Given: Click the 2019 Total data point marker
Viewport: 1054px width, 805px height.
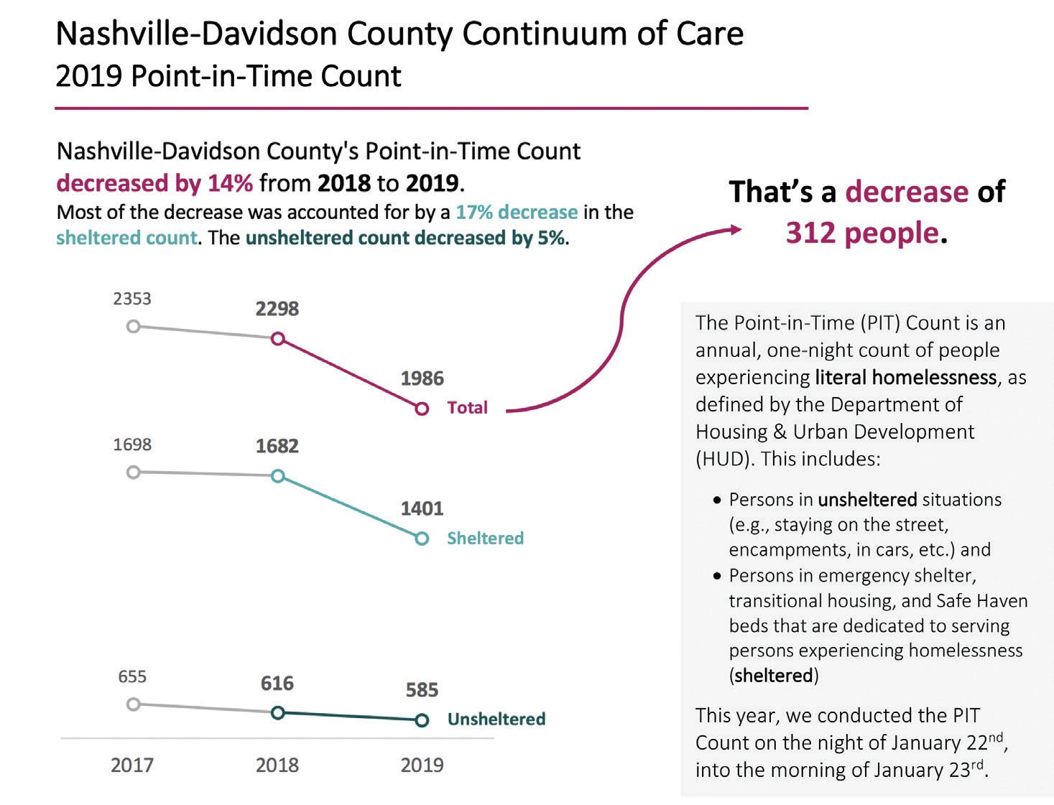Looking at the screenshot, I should [422, 409].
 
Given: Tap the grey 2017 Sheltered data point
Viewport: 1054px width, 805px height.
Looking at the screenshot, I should [133, 473].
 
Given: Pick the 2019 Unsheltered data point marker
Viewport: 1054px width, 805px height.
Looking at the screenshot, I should [422, 720].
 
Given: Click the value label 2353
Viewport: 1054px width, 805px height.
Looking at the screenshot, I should [132, 299].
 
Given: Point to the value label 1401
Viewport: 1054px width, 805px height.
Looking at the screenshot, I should [422, 508].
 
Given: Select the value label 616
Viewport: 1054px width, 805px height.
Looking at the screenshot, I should [277, 683].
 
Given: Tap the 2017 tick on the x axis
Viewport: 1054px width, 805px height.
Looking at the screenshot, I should [132, 765].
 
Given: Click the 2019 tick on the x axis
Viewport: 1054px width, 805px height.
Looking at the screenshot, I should [422, 765].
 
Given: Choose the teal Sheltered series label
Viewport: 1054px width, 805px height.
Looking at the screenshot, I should [485, 538].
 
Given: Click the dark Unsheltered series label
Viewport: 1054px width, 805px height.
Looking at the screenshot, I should [496, 719].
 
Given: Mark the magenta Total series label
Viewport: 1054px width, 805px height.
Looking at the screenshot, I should [467, 407].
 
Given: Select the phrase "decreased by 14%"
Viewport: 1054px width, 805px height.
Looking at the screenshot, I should [154, 183].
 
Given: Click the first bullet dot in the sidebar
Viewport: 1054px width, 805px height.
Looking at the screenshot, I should [716, 500].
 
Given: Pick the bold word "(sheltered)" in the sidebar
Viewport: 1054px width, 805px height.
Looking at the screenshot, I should [774, 675].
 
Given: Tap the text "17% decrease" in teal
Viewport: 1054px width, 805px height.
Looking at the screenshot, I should [517, 213].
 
